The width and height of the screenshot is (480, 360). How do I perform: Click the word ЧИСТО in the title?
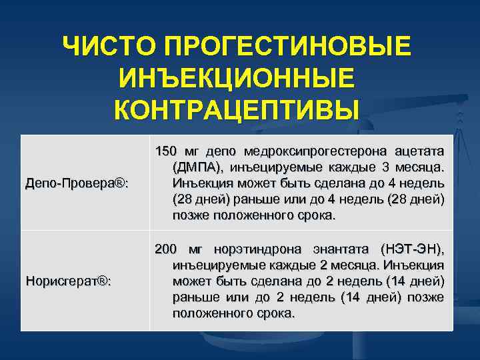coord(109,48)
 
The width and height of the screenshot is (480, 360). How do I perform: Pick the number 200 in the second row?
coord(166,249)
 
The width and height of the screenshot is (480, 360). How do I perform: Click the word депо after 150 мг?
coord(221,151)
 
